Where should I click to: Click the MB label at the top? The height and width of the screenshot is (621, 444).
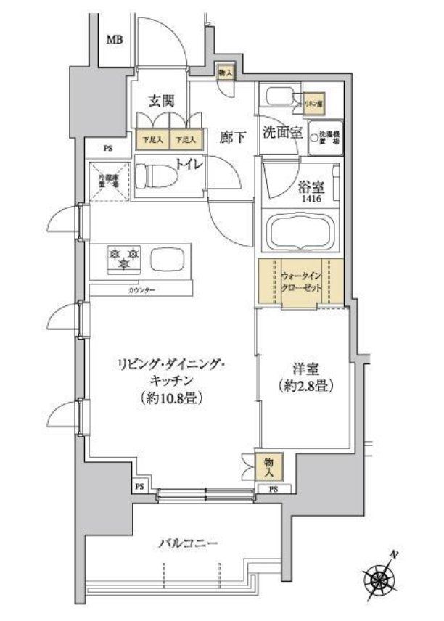[x=115, y=40]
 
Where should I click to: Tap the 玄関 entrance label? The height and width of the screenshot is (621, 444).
[x=160, y=102]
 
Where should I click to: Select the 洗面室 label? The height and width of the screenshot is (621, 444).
[x=281, y=133]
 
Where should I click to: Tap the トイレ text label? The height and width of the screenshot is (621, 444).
[x=192, y=164]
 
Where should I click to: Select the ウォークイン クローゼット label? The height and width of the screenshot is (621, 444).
[x=300, y=281]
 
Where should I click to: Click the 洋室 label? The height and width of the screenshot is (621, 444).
[x=305, y=369]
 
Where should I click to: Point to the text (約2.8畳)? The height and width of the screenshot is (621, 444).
[x=305, y=386]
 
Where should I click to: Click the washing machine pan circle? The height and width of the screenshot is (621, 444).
[x=316, y=133]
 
